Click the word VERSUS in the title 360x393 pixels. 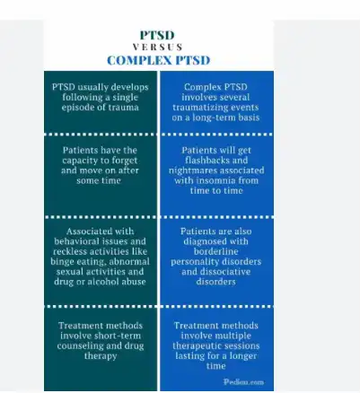coord(158,48)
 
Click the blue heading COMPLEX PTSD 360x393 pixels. coord(159,60)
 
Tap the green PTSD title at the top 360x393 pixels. coord(157,35)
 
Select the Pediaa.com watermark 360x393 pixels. coord(243,382)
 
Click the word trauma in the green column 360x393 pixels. coord(123,108)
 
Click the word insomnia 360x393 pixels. coord(212,180)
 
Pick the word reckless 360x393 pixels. coord(70,251)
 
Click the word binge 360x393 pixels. coord(61,262)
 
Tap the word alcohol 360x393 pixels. coord(101,282)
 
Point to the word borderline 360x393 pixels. coord(215,251)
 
